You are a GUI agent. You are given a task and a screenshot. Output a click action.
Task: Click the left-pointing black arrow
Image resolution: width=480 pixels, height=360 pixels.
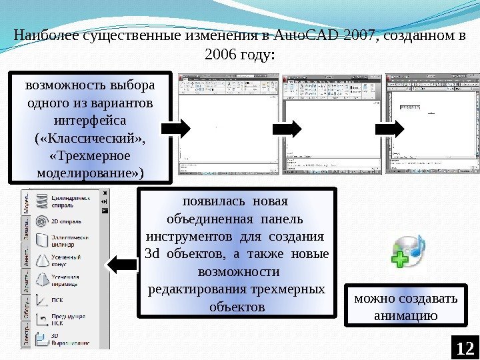coord(122,265)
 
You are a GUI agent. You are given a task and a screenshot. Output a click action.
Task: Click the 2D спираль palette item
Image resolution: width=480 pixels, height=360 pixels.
coord(66,221)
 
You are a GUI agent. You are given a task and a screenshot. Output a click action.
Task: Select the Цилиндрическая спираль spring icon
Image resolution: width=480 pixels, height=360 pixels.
coord(41,201)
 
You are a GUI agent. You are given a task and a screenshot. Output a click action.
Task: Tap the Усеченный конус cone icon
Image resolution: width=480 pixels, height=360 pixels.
coord(41,260)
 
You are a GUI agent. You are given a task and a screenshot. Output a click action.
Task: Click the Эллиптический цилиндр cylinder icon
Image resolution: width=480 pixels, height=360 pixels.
coord(41,241)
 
